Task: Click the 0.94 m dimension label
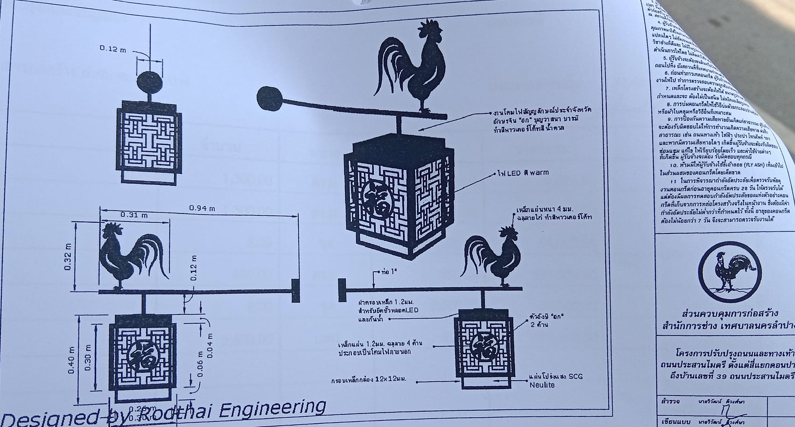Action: click(202, 208)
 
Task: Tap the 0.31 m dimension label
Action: click(134, 215)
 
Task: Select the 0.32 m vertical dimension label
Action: click(68, 257)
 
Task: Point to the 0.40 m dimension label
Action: click(71, 360)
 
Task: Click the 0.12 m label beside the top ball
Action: click(113, 49)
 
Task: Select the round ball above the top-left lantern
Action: click(150, 82)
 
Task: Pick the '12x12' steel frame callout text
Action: click(369, 379)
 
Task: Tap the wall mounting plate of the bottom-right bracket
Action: click(342, 290)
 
